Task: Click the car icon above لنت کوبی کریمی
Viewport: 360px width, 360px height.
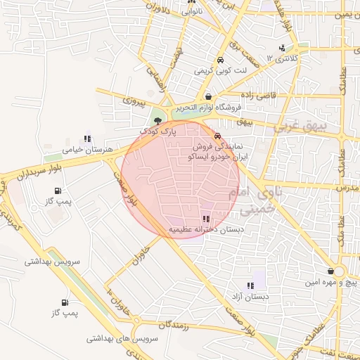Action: click(x=221, y=60)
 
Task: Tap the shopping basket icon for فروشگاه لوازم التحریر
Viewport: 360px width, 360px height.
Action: click(x=208, y=96)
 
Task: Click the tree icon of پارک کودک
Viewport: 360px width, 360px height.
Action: click(x=157, y=120)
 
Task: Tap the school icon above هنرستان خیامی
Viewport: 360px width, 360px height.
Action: click(x=87, y=139)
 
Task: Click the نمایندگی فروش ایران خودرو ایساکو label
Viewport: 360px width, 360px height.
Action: click(x=222, y=153)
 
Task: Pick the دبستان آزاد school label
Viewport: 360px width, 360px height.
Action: click(x=251, y=297)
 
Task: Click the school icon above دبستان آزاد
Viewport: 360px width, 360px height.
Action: click(x=250, y=285)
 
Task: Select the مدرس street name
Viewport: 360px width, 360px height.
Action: click(x=342, y=188)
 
